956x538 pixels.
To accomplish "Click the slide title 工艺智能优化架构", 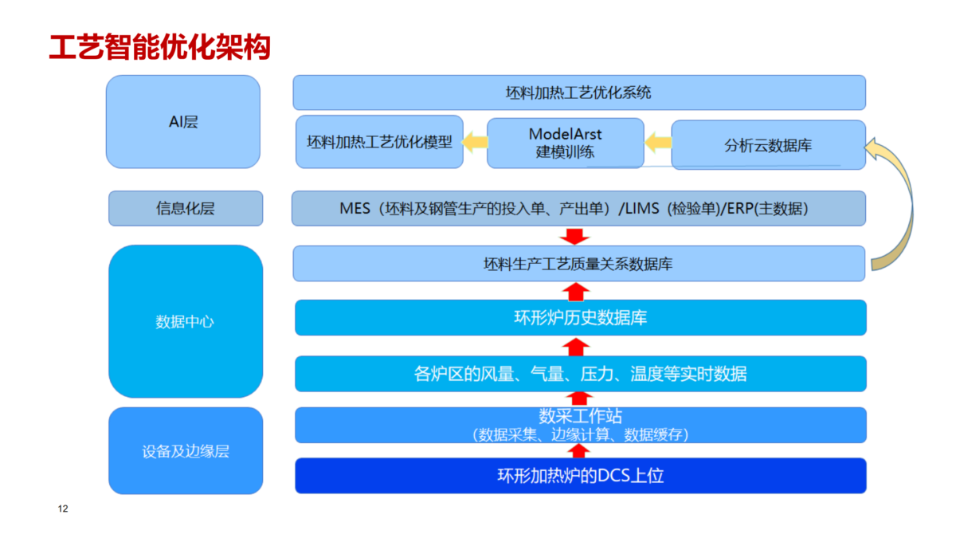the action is pyautogui.click(x=160, y=47).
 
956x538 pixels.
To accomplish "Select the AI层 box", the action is pyautogui.click(x=183, y=122).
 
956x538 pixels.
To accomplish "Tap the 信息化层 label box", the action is pyautogui.click(x=186, y=208).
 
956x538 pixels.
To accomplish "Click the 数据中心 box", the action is pyautogui.click(x=186, y=321).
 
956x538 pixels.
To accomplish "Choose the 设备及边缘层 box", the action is pyautogui.click(x=186, y=451).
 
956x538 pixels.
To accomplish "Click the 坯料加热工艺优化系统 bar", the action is pyautogui.click(x=579, y=92).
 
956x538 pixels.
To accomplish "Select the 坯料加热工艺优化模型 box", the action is pyautogui.click(x=379, y=142).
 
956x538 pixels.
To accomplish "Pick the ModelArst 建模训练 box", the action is pyautogui.click(x=566, y=143).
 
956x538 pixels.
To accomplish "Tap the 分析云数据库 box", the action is pyautogui.click(x=768, y=145).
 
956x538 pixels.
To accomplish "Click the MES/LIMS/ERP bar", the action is pyautogui.click(x=578, y=208).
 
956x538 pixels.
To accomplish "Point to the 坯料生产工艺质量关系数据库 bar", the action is pyautogui.click(x=578, y=264).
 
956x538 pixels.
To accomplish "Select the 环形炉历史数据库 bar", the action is pyautogui.click(x=581, y=318).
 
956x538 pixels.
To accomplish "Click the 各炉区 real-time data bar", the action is pyautogui.click(x=581, y=374).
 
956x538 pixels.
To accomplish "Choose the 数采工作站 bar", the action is pyautogui.click(x=581, y=425).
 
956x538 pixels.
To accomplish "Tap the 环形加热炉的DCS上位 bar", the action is pyautogui.click(x=581, y=476).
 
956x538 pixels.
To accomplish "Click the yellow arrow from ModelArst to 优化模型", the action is pyautogui.click(x=475, y=142).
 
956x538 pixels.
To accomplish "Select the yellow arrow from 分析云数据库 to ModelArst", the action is pyautogui.click(x=658, y=142).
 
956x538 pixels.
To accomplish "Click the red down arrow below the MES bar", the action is pyautogui.click(x=574, y=237).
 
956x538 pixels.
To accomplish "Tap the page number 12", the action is pyautogui.click(x=63, y=509).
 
